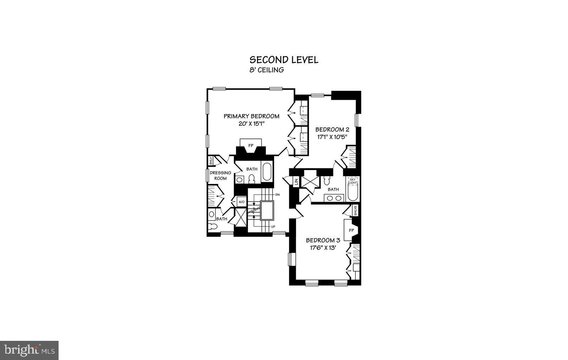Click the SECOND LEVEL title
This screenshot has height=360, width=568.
[x=284, y=60]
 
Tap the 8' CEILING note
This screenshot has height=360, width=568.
[x=267, y=70]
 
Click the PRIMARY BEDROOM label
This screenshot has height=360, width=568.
[x=251, y=116]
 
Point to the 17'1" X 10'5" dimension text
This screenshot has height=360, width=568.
[x=332, y=137]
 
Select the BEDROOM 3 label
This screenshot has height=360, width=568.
[x=323, y=240]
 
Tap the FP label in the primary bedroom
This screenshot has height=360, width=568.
[x=251, y=146]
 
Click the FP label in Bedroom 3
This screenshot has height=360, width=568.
[x=351, y=230]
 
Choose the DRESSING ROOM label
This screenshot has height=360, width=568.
[x=220, y=175]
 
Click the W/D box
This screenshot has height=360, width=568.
[x=241, y=202]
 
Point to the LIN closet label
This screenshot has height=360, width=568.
[x=296, y=182]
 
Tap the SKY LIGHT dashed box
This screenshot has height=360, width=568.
[x=353, y=181]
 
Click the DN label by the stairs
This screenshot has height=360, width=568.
[x=277, y=195]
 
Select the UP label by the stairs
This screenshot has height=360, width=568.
[x=273, y=227]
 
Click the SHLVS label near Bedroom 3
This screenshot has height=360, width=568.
[x=355, y=211]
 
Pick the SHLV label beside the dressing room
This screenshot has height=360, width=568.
[x=211, y=161]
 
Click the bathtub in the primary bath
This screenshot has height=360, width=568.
[x=266, y=171]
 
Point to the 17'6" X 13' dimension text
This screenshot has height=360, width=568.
[x=323, y=248]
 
